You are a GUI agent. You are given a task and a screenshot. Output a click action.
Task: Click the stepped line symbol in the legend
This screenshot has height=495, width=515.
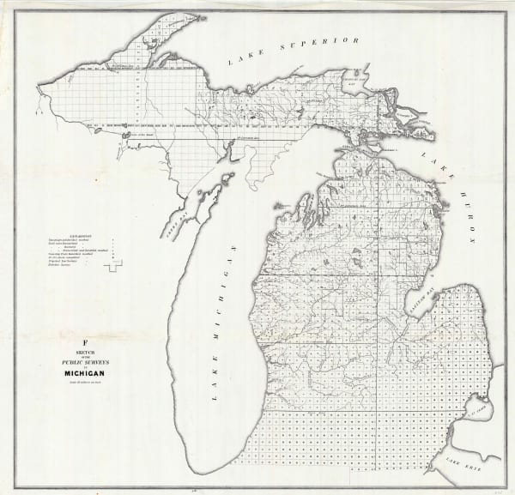(112, 267)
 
